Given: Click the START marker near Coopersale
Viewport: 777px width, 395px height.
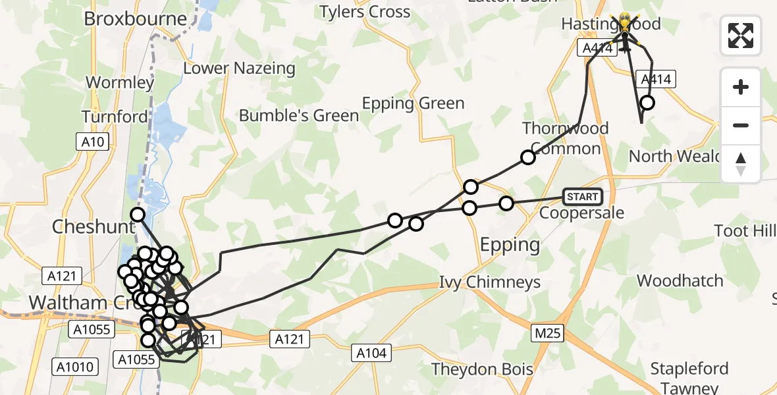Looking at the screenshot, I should pyautogui.click(x=583, y=196).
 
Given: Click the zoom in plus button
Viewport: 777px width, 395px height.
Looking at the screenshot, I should pyautogui.click(x=741, y=88).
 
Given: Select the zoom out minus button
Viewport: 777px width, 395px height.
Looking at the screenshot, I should pyautogui.click(x=741, y=125).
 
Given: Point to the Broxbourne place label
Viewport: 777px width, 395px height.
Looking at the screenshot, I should pyautogui.click(x=136, y=18).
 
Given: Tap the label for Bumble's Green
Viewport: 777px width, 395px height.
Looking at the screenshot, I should pyautogui.click(x=299, y=116).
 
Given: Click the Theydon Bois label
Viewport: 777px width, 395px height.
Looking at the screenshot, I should pyautogui.click(x=482, y=369).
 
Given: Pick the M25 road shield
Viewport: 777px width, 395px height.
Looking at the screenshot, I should pyautogui.click(x=548, y=333).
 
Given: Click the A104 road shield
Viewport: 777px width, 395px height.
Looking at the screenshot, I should pyautogui.click(x=371, y=353).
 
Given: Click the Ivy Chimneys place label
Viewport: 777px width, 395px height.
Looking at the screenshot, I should pyautogui.click(x=490, y=283).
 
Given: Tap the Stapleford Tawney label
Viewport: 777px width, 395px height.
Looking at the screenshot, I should pyautogui.click(x=689, y=378).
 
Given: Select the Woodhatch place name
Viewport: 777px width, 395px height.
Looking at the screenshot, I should pyautogui.click(x=680, y=281).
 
